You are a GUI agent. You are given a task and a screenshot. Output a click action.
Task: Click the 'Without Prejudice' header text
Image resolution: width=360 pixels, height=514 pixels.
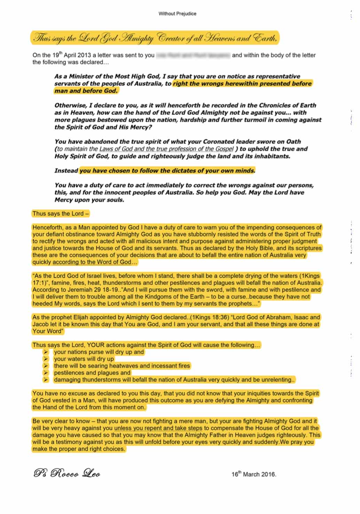(177, 14)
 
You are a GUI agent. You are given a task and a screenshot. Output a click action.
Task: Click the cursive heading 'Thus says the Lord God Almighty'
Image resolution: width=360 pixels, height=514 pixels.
(93, 38)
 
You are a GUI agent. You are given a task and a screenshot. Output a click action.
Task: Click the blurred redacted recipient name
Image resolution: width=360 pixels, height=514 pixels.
(193, 55)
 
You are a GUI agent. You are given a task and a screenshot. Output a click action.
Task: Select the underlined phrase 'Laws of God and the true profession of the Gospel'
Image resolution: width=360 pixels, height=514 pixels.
(166, 149)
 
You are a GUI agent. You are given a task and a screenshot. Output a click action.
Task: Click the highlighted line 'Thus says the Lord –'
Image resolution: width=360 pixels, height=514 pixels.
(61, 214)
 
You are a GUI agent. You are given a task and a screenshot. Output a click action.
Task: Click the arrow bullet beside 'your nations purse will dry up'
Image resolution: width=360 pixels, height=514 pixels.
(46, 352)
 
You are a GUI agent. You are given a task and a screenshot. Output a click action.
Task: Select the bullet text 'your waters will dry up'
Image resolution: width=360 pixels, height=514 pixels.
(84, 359)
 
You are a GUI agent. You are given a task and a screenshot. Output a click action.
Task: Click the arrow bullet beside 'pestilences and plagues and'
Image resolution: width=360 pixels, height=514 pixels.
(46, 373)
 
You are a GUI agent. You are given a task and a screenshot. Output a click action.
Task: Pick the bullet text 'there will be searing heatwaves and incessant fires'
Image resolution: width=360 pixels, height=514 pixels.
(122, 366)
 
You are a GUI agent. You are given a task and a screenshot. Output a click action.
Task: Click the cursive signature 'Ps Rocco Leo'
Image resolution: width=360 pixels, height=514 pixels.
(67, 473)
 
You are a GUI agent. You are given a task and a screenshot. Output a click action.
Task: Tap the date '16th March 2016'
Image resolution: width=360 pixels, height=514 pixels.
(253, 474)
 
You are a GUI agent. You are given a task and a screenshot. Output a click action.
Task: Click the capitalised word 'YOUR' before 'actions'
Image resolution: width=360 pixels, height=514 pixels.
(96, 345)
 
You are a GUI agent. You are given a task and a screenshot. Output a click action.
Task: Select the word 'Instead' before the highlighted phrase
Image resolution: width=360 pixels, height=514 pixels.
(66, 171)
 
